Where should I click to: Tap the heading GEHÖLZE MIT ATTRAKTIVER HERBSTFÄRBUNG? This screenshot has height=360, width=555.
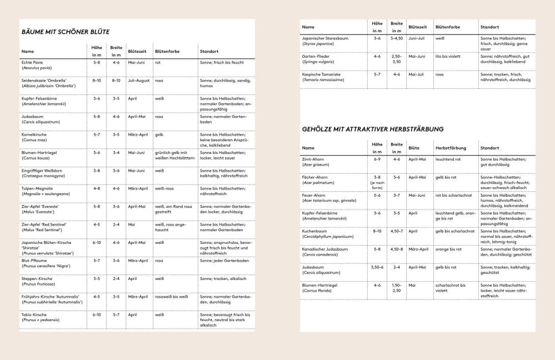372,129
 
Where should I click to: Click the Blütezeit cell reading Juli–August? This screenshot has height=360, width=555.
139,81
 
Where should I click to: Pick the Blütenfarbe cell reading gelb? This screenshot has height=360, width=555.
159,134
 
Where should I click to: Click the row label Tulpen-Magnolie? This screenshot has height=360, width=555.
37,188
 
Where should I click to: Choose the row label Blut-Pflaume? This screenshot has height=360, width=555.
34,260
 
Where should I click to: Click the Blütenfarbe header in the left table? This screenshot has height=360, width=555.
167,52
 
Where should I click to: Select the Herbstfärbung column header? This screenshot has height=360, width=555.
451,148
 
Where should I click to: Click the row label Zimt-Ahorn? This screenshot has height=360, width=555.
313,159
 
